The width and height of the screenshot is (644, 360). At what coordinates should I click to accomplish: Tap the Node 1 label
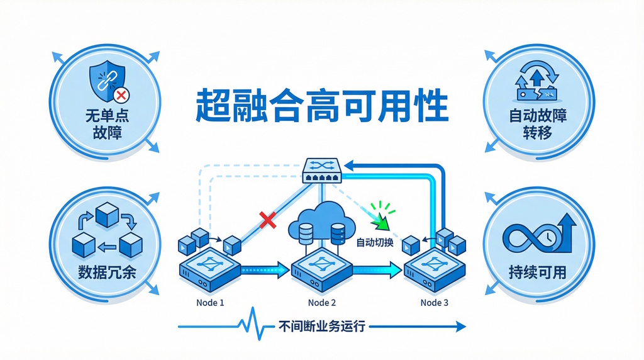click(x=210, y=303)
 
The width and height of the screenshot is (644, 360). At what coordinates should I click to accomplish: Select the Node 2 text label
click(x=322, y=303)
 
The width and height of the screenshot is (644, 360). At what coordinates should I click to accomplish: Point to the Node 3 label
click(x=435, y=303)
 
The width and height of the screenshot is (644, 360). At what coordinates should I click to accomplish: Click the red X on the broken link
click(x=269, y=220)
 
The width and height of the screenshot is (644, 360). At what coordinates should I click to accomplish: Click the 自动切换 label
click(x=375, y=242)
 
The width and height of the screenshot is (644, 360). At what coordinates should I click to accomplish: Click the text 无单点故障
click(x=105, y=125)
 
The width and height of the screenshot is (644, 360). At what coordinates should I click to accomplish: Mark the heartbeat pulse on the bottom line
click(x=252, y=326)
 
